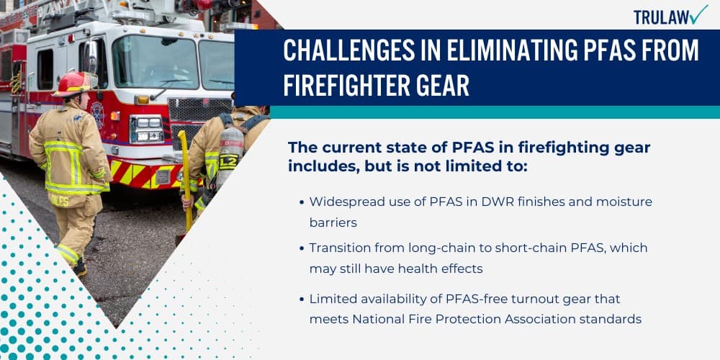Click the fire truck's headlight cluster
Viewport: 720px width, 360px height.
[146, 128]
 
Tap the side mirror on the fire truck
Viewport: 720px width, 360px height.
[91, 58]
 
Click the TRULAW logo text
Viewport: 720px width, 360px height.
[660, 16]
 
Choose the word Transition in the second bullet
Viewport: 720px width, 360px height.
[338, 247]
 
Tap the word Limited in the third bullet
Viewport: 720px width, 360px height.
[332, 298]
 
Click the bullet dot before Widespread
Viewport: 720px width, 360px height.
[301, 202]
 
